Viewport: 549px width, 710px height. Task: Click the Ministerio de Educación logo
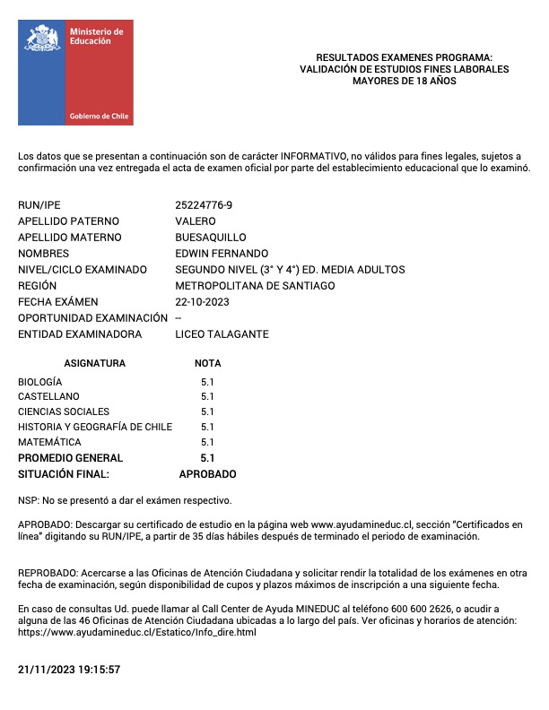coord(75,73)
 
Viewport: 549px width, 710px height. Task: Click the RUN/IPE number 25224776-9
coord(204,205)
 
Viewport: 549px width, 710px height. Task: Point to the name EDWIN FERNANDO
coord(222,254)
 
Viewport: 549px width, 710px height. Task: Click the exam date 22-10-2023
coord(202,302)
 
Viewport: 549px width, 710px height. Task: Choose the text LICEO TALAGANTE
coord(222,334)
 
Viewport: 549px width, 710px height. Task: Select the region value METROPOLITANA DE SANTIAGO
coord(255,286)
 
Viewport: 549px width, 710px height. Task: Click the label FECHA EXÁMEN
coord(58,302)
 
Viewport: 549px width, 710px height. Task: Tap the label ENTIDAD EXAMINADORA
coord(80,334)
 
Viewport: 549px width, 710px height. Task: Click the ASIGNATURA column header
coord(95,364)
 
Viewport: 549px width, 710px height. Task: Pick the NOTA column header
coord(207,364)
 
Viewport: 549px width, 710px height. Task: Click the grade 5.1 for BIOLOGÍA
coord(207,381)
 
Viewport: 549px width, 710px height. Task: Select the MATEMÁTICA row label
coord(49,442)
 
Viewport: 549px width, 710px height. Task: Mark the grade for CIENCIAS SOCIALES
coord(207,411)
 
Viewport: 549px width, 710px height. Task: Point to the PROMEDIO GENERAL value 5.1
coord(207,458)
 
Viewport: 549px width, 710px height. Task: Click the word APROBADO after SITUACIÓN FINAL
coord(207,474)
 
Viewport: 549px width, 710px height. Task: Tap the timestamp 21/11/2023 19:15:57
coord(69,670)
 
